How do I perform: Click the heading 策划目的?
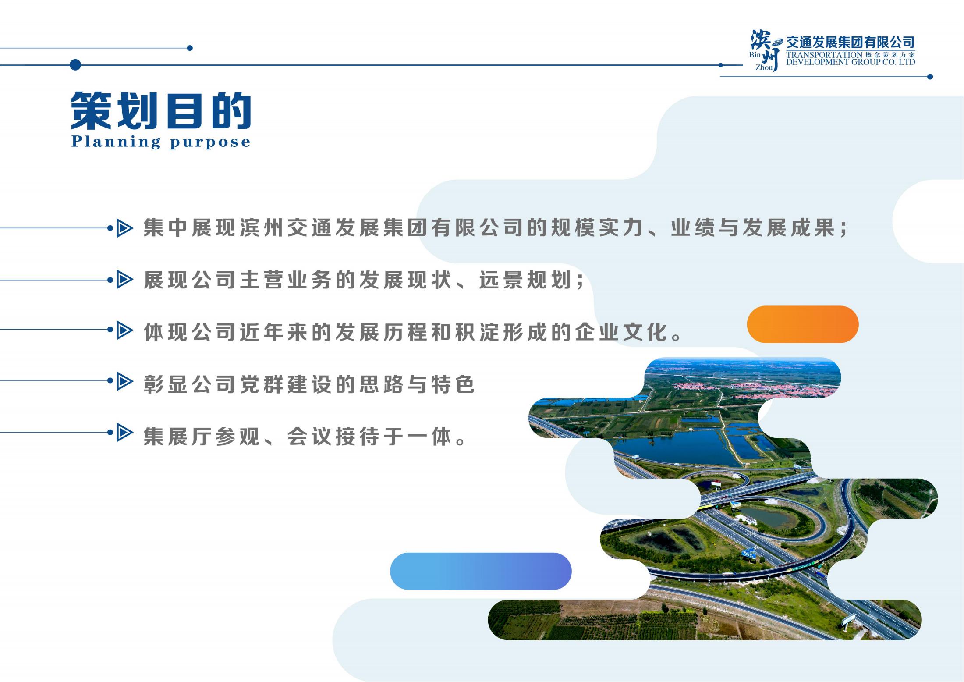tap(161, 110)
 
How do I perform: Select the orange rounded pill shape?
tap(802, 324)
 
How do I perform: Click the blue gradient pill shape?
tap(481, 571)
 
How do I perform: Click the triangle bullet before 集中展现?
tap(124, 228)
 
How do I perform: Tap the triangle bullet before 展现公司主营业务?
tap(124, 280)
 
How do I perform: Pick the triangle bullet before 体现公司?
tap(124, 331)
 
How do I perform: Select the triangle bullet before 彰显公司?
tap(124, 382)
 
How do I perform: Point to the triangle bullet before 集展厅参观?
tap(124, 433)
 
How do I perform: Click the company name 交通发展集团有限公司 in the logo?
tap(850, 43)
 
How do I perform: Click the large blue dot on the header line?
tap(75, 65)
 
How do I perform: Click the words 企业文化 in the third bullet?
tap(622, 332)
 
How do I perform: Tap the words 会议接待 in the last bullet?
tap(335, 437)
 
